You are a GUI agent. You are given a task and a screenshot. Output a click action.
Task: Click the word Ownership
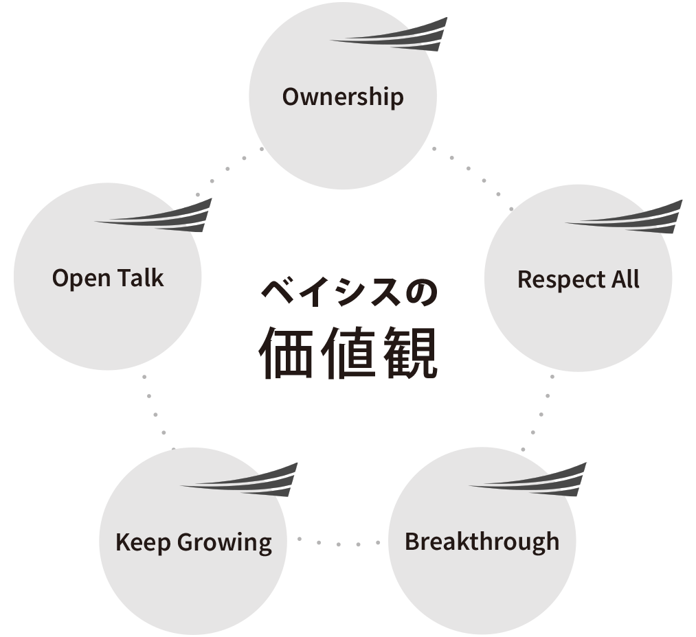coord(343,97)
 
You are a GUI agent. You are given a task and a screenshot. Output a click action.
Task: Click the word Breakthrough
coord(482,542)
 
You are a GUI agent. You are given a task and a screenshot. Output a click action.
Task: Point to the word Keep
coord(143,542)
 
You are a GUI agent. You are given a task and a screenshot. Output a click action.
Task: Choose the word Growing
coord(225,543)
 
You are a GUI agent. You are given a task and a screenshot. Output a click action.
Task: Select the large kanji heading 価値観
coord(349,354)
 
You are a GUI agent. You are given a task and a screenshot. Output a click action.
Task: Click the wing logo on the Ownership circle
coord(395,36)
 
